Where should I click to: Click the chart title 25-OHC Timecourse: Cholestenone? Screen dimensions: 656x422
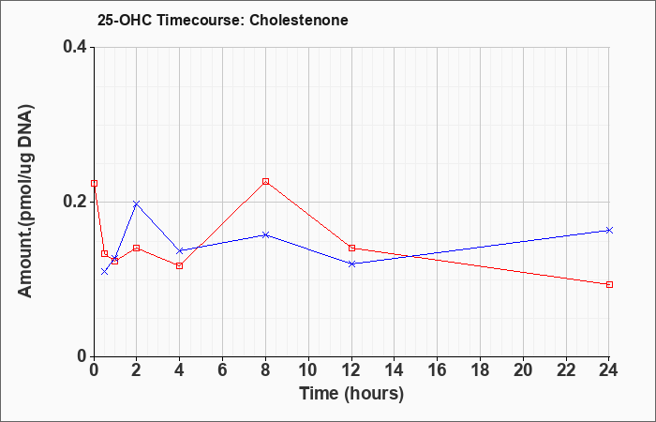223,20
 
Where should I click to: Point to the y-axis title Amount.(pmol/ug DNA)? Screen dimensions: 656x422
26,201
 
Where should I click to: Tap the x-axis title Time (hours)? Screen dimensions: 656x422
351,394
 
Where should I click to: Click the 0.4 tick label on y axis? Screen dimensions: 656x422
75,47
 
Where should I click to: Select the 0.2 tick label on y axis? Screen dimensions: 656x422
75,202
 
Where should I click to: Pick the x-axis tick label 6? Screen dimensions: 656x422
222,370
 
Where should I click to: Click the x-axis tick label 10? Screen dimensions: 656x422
308,370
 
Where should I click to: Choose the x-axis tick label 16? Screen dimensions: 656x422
438,370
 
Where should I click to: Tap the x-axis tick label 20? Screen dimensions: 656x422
523,370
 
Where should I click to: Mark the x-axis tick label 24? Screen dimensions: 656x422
609,370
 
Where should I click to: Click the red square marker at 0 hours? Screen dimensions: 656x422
94,184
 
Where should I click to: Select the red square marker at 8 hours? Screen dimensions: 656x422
265,181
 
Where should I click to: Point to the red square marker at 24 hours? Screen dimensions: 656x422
609,285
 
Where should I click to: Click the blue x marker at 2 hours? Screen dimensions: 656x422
136,203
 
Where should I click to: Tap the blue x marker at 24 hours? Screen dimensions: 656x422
609,231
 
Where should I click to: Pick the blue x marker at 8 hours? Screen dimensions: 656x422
265,234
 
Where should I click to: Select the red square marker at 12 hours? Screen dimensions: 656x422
351,249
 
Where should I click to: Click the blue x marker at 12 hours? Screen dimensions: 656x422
351,264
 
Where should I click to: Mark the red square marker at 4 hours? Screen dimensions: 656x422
180,265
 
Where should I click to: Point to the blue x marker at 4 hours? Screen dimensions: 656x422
180,250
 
